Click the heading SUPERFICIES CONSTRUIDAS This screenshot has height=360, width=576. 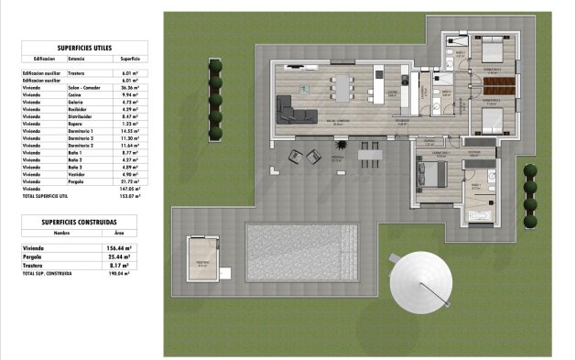[x=78, y=222]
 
